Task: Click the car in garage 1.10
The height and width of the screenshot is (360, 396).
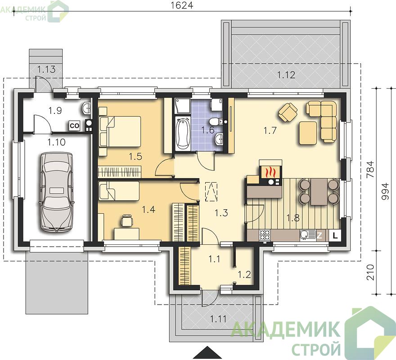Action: coord(57,192)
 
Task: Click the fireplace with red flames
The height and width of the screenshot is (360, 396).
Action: coord(270,172)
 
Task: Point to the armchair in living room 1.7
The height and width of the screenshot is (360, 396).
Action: coord(288,112)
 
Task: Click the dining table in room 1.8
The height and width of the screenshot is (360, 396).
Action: coord(319,192)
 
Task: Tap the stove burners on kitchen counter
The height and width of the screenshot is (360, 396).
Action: coord(265,235)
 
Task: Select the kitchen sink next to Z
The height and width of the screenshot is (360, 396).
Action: coord(308,235)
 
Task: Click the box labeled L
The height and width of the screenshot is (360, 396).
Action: coord(335,236)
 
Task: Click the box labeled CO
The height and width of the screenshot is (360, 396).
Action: coord(75,126)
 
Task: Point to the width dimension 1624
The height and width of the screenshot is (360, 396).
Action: coord(182,5)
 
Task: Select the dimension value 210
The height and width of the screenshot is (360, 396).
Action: coord(370,272)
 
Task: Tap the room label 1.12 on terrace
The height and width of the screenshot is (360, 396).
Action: coord(286,75)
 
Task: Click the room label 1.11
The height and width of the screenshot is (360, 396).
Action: coord(218,319)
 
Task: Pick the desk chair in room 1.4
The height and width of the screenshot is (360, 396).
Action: coord(127,220)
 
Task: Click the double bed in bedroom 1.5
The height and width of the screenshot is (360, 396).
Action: coord(120,131)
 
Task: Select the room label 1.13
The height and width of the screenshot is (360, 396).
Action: coord(46,69)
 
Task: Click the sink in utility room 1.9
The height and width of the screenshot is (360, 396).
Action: coord(86,108)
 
